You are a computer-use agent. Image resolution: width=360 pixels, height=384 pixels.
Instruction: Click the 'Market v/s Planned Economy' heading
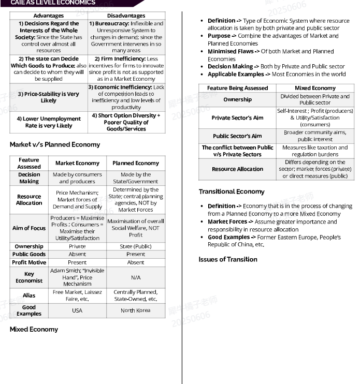55,144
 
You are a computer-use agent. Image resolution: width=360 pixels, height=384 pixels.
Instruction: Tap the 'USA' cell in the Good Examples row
77,311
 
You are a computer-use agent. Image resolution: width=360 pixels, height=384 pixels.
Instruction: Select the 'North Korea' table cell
136,311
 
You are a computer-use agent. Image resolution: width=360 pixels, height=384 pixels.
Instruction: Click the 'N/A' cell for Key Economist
136,277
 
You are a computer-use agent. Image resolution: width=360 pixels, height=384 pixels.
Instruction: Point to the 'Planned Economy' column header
136,163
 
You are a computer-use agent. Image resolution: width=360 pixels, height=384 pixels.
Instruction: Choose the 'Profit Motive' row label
29,262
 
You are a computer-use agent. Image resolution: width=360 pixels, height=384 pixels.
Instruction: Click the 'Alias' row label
29,296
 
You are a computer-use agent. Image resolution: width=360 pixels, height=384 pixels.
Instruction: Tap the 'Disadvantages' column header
126,16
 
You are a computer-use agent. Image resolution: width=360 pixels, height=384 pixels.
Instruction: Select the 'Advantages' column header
48,16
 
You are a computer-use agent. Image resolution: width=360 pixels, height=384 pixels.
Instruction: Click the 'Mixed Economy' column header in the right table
315,88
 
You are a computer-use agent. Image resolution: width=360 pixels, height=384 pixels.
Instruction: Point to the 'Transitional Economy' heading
232,191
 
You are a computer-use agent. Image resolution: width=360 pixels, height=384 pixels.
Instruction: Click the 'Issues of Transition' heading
228,259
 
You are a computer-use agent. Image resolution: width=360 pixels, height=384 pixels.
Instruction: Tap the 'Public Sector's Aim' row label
237,136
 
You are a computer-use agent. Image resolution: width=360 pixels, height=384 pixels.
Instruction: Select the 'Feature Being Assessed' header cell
237,88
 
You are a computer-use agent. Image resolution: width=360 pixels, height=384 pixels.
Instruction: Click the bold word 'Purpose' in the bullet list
219,36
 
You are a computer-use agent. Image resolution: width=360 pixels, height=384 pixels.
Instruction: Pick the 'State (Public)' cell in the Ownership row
136,246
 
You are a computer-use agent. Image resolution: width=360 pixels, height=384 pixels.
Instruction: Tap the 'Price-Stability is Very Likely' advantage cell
48,97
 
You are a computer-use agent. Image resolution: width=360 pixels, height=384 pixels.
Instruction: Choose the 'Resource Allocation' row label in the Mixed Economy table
237,169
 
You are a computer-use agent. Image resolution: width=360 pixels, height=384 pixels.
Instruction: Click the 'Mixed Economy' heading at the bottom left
34,329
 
